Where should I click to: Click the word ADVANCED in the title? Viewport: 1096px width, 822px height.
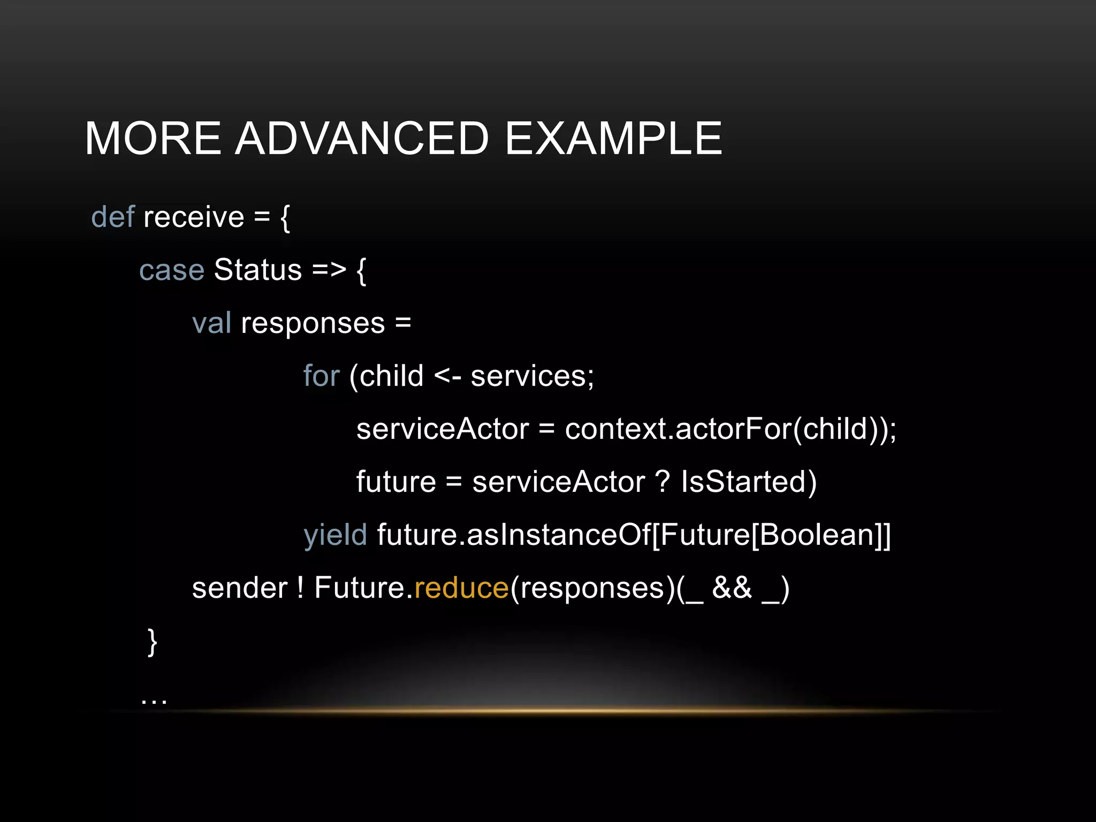tap(362, 139)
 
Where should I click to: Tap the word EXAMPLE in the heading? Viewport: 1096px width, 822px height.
tap(613, 139)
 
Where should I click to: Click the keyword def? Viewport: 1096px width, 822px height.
tap(112, 217)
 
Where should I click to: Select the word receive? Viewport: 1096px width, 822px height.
tap(194, 217)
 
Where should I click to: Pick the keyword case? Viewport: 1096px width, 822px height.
tap(171, 270)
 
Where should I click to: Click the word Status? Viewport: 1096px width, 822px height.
tap(258, 270)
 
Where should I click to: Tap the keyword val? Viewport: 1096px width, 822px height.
tap(211, 323)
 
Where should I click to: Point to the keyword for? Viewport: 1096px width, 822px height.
tap(321, 376)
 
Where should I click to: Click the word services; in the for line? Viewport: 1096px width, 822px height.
tap(532, 376)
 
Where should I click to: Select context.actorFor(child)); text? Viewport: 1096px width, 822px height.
tap(730, 429)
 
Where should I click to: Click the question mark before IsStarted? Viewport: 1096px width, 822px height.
tap(663, 482)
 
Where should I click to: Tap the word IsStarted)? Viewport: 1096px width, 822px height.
tap(748, 482)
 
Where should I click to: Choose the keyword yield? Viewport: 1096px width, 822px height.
tap(335, 535)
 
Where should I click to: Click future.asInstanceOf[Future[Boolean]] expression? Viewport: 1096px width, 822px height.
tap(634, 535)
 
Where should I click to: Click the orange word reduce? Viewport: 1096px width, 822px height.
tap(461, 588)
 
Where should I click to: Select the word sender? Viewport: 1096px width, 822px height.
tap(240, 588)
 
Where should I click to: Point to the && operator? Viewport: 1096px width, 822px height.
tap(732, 588)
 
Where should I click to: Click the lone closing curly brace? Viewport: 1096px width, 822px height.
tap(152, 642)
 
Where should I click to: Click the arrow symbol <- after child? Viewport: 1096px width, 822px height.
tap(447, 376)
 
